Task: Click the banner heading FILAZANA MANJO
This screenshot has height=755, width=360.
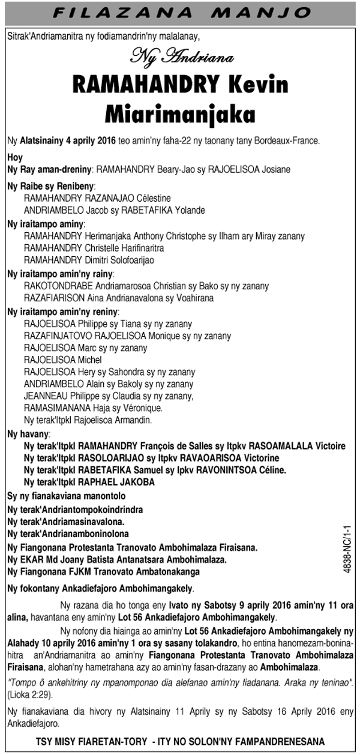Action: click(x=179, y=11)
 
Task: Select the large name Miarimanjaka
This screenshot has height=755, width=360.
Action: click(x=179, y=113)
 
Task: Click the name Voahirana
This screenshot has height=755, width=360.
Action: click(x=194, y=298)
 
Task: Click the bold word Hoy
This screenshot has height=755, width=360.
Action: click(x=15, y=157)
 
